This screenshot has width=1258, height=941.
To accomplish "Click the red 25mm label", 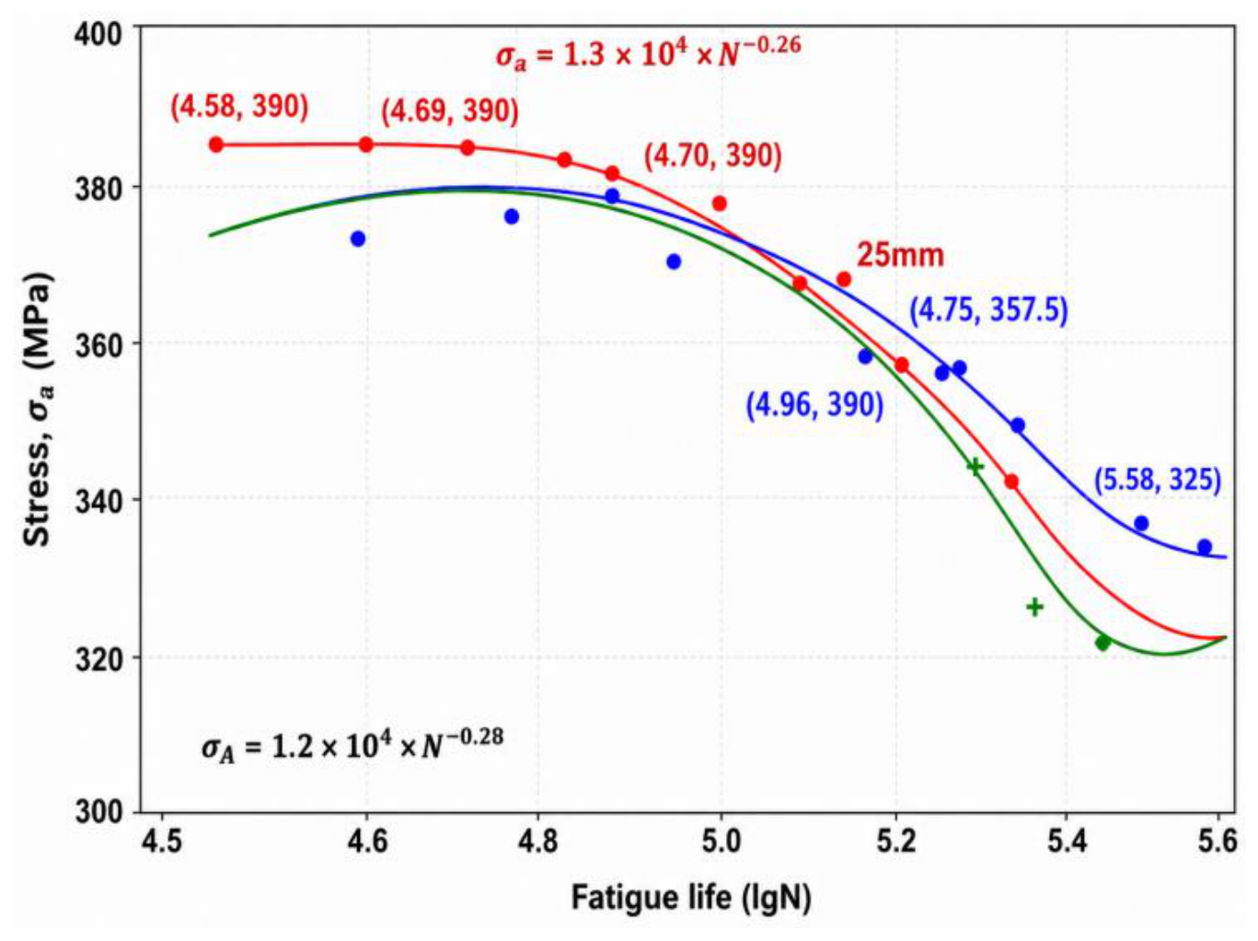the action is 900,255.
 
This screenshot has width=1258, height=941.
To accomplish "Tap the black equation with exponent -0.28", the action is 352,745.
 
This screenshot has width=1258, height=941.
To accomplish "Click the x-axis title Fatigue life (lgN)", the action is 691,898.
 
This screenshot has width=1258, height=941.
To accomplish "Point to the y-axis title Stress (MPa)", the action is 39,408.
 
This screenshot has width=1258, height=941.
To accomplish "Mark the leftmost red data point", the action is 216,145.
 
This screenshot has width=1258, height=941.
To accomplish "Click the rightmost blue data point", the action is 1205,547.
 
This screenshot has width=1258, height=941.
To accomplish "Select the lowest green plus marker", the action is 1034,607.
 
